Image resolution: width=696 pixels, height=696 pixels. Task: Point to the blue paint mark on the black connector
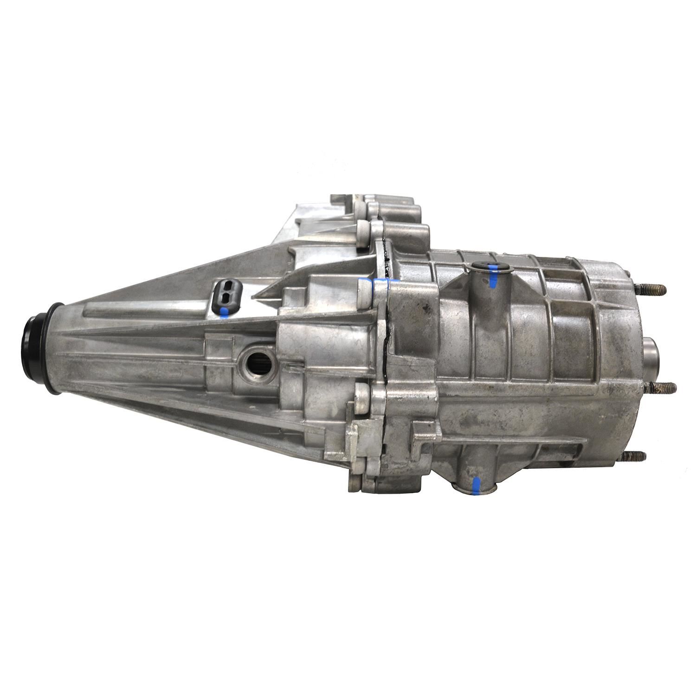click(x=225, y=312)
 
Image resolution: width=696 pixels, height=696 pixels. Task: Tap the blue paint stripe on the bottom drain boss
click(x=476, y=485)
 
